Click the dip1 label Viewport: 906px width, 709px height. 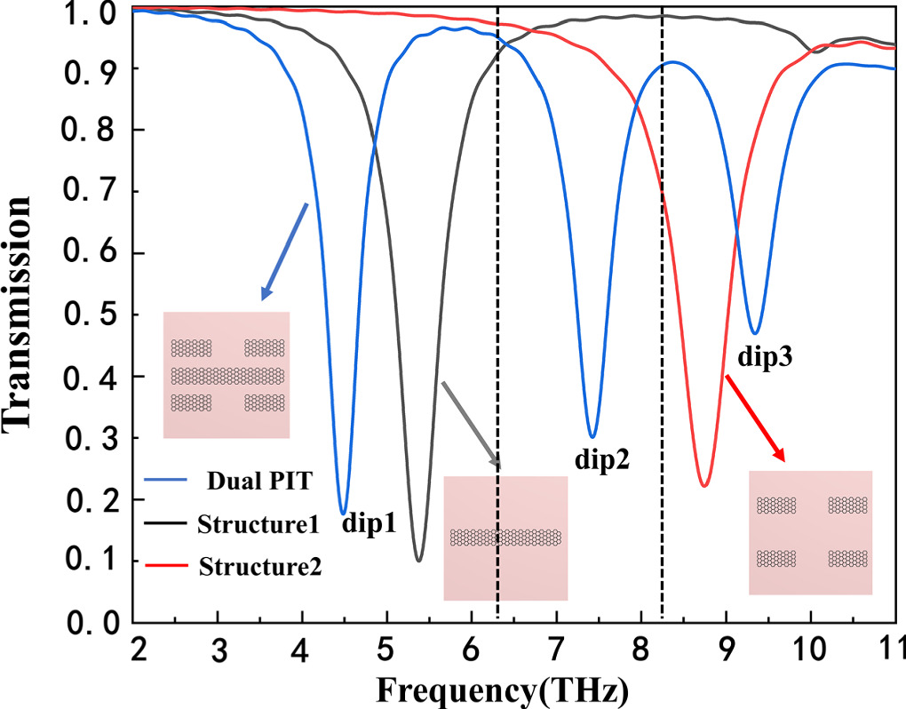click(369, 524)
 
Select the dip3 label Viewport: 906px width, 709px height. click(764, 358)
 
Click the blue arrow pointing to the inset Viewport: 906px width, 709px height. click(283, 251)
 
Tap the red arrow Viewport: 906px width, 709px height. click(756, 418)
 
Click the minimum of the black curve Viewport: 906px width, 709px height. click(419, 561)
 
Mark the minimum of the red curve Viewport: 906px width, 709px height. click(703, 486)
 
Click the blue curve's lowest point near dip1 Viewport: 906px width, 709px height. click(343, 514)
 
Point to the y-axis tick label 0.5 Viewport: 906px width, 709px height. click(91, 315)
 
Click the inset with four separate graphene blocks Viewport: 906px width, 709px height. click(810, 532)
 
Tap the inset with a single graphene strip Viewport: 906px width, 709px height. click(505, 538)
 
